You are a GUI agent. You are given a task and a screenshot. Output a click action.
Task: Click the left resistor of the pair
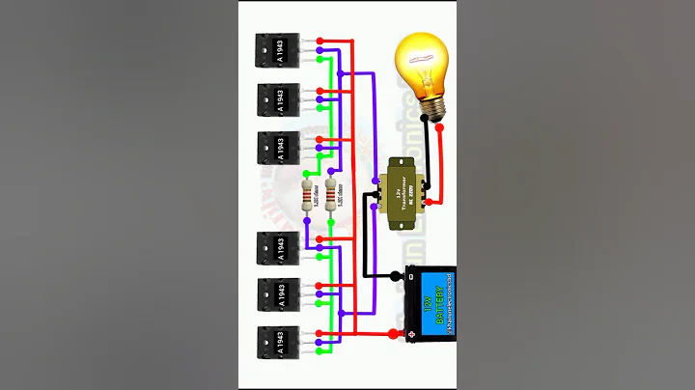coord(308,196)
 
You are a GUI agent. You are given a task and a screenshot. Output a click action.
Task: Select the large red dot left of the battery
coord(393,334)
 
